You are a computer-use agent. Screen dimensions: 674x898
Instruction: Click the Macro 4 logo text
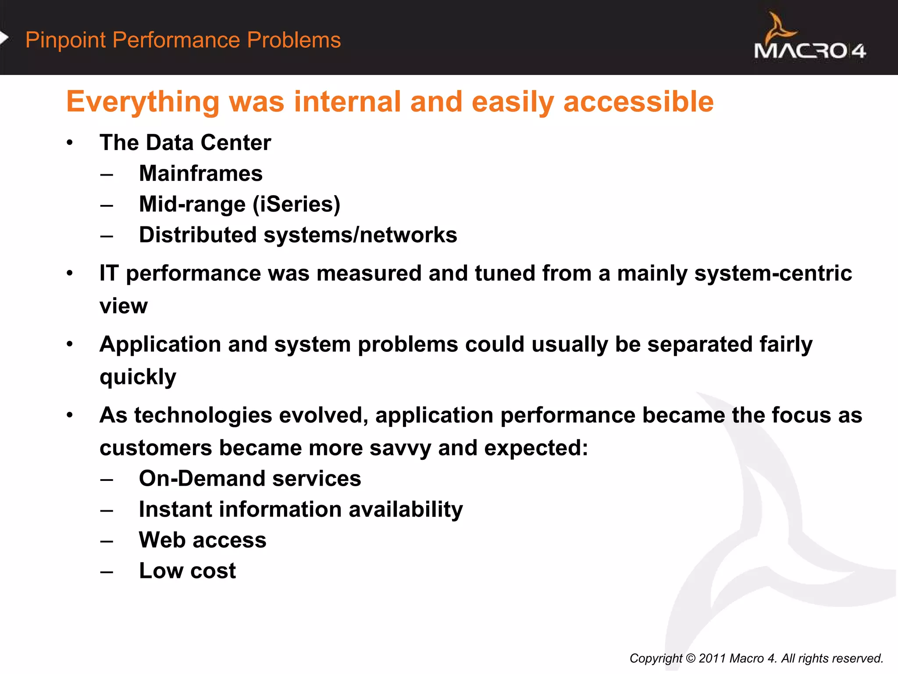coord(809,51)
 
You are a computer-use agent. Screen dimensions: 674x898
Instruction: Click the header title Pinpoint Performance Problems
coord(183,40)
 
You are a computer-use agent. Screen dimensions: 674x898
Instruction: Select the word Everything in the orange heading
coord(143,102)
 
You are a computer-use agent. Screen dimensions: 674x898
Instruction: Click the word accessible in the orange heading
coord(638,102)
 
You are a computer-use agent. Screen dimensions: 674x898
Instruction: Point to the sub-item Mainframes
coord(200,173)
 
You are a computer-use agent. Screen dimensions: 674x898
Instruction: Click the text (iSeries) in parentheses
coord(296,204)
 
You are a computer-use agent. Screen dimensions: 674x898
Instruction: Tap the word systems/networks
coord(360,235)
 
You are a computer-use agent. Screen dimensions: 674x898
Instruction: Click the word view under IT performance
coord(123,306)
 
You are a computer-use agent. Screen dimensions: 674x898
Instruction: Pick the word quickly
coord(138,377)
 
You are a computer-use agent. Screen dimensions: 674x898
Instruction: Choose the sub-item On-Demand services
coord(250,478)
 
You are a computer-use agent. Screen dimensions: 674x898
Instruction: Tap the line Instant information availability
coord(301,509)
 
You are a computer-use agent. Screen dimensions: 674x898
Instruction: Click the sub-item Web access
coord(203,540)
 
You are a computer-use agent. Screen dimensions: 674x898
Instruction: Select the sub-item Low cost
coord(187,571)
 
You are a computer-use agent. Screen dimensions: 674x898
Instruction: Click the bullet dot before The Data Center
coord(70,143)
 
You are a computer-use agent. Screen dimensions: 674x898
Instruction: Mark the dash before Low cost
coord(107,572)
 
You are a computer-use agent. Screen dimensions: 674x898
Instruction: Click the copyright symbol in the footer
coord(691,658)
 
